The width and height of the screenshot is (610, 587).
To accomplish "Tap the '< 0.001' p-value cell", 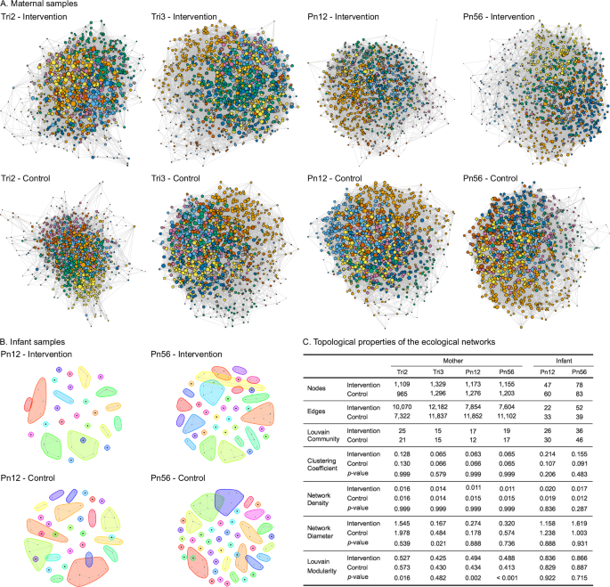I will [x=507, y=577].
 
